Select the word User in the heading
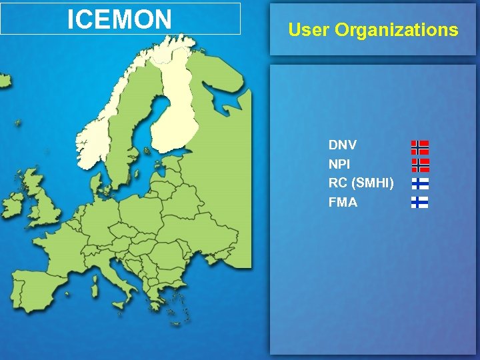tap(309, 30)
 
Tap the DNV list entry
tap(343, 145)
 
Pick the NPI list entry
tap(339, 163)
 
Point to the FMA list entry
tap(343, 202)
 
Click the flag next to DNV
tap(419, 147)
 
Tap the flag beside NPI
tap(420, 165)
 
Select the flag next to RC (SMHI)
tap(419, 183)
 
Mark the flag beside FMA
tap(419, 202)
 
